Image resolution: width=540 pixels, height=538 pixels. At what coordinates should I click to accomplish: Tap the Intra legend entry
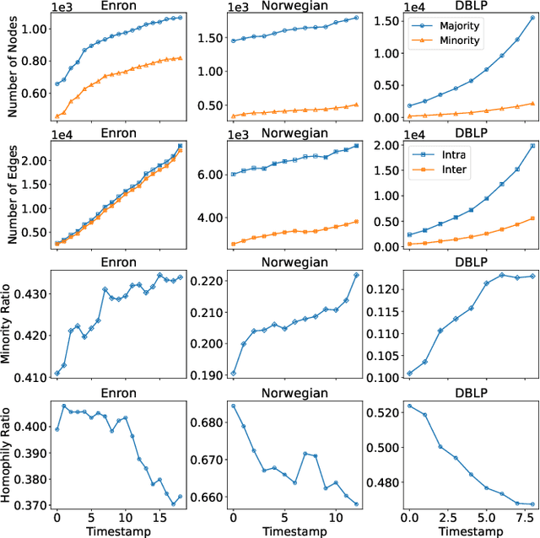point(451,154)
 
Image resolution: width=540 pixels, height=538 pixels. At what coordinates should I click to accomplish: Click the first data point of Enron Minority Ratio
point(57,374)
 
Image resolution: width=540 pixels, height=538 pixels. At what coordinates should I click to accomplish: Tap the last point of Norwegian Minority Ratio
point(356,275)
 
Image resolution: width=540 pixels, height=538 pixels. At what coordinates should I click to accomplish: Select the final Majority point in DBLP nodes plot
point(532,18)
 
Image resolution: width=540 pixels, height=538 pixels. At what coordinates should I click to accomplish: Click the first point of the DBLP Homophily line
point(409,406)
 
